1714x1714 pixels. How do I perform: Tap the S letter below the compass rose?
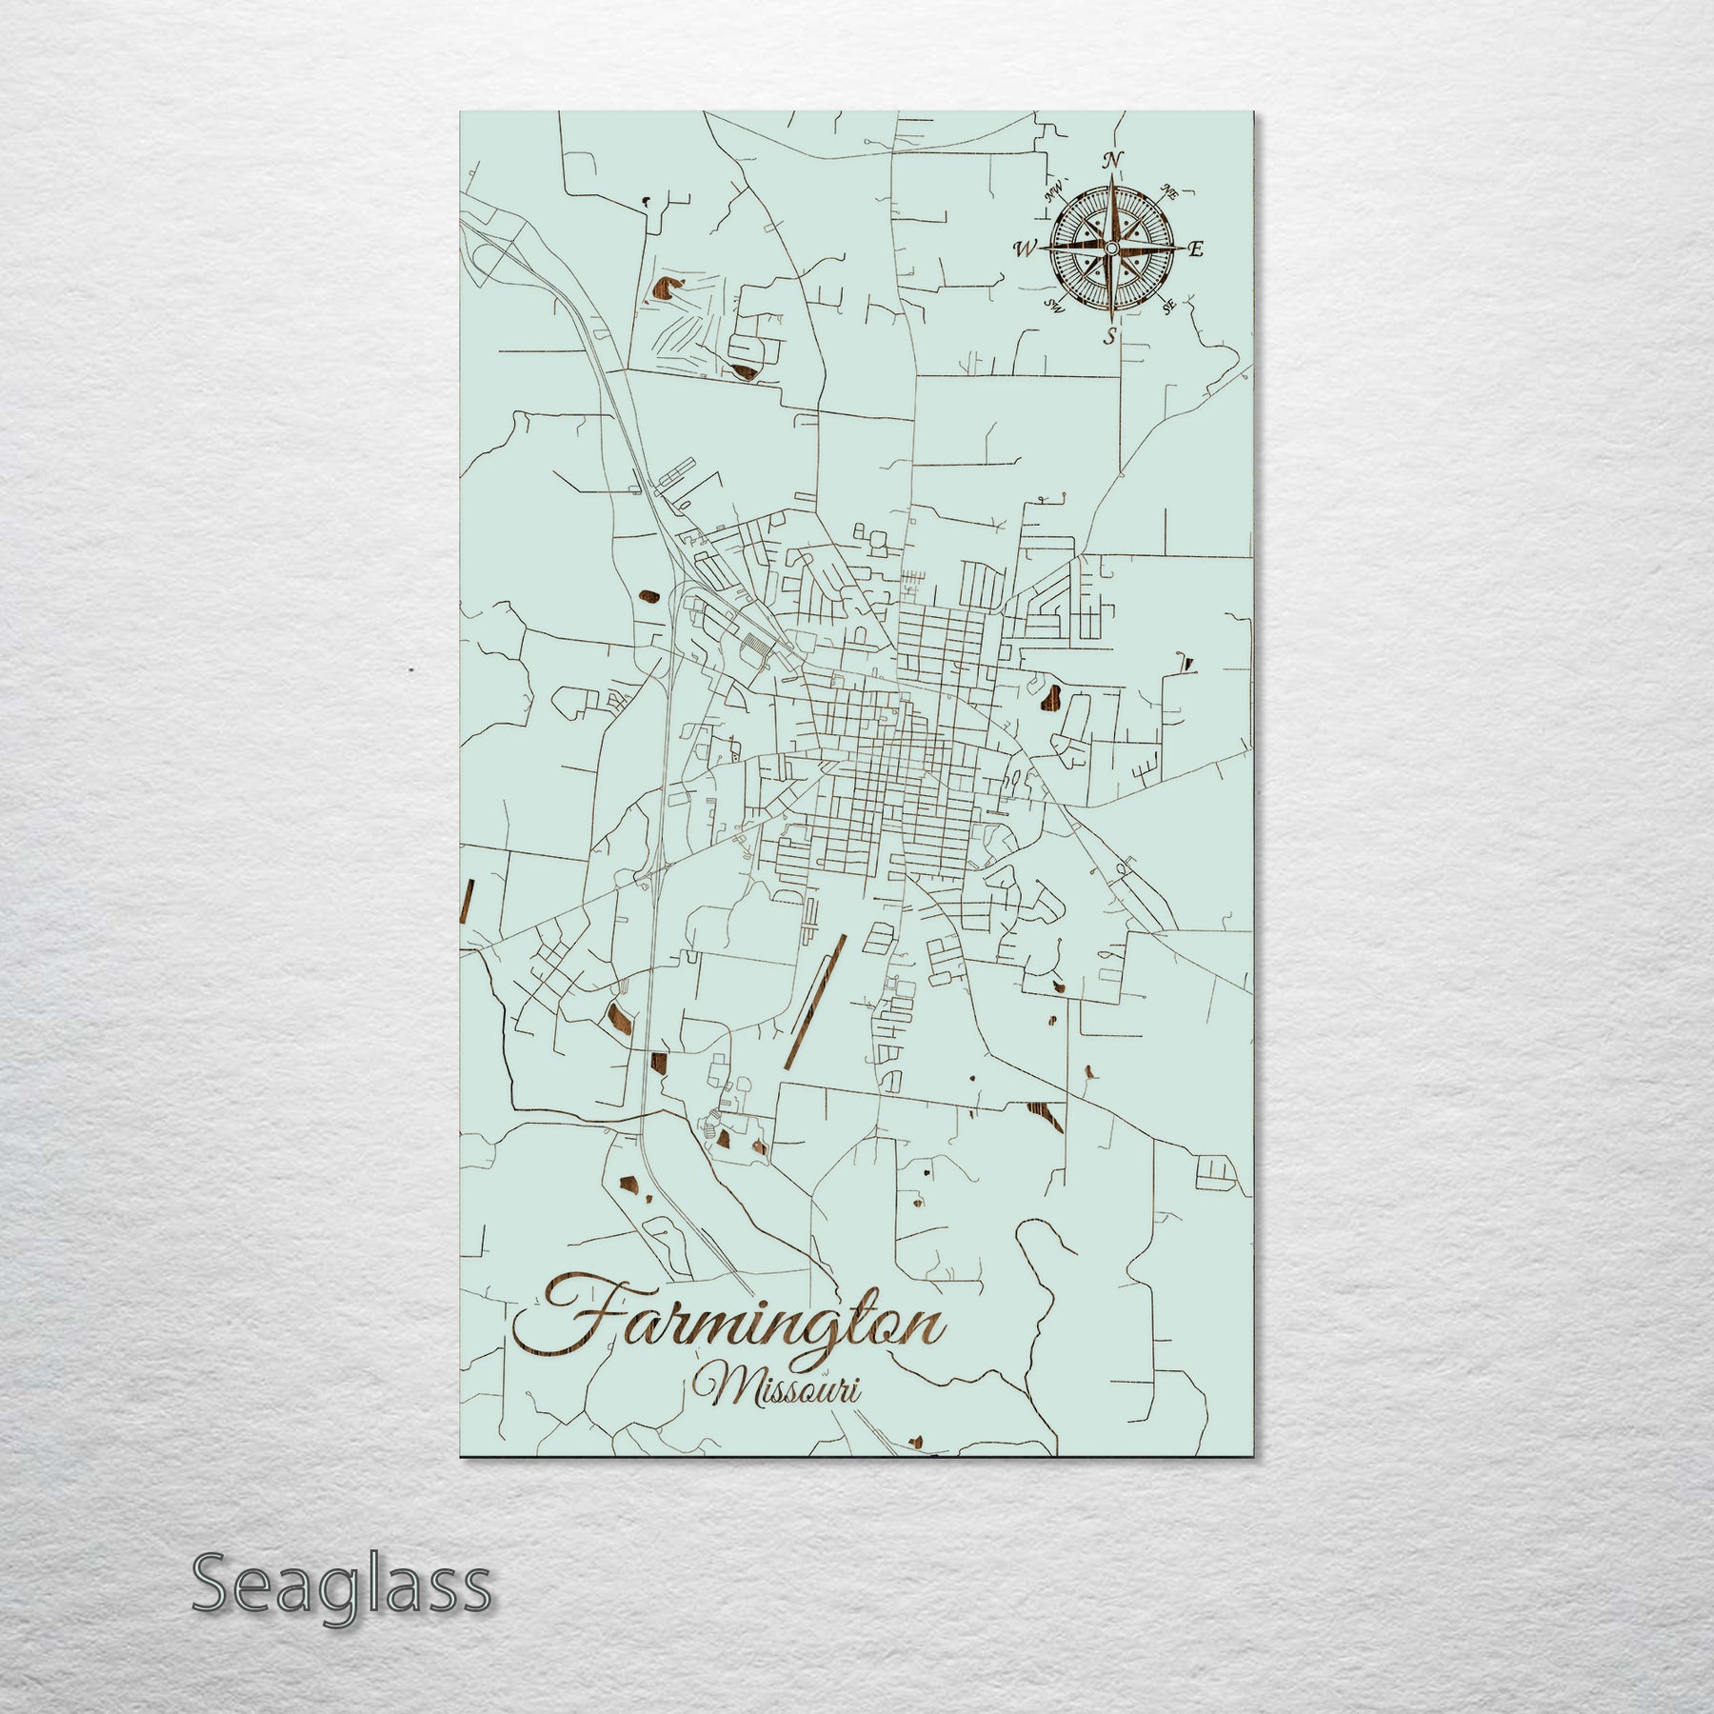pyautogui.click(x=1109, y=335)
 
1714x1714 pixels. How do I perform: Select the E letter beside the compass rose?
pyautogui.click(x=1196, y=249)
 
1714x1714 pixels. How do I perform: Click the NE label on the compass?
pyautogui.click(x=1170, y=193)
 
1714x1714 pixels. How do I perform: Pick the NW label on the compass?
pyautogui.click(x=1053, y=193)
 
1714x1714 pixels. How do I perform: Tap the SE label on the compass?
pyautogui.click(x=1170, y=306)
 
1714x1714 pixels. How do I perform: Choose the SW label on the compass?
pyautogui.click(x=1052, y=306)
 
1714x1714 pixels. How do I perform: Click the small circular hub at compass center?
pyautogui.click(x=1110, y=249)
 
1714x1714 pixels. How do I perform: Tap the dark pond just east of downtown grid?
pyautogui.click(x=1051, y=698)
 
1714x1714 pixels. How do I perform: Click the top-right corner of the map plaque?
pyautogui.click(x=1251, y=112)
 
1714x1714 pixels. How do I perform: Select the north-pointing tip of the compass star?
pyautogui.click(x=1110, y=179)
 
